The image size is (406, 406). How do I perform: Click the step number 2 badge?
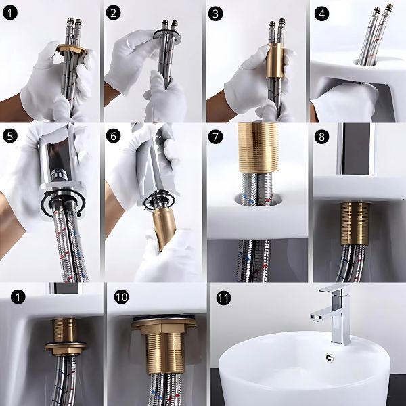[x=114, y=13]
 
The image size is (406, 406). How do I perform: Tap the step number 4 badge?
[x=321, y=14]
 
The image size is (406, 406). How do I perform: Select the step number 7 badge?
[x=215, y=137]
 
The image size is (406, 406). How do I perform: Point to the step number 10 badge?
[x=121, y=297]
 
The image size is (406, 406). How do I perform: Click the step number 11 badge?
[x=223, y=298]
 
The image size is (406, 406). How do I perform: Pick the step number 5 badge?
[x=10, y=136]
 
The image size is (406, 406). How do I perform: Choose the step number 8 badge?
[x=321, y=137]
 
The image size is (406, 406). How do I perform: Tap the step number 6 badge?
[x=114, y=136]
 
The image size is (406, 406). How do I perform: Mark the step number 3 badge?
[x=215, y=14]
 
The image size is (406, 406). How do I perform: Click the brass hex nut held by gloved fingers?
[x=70, y=49]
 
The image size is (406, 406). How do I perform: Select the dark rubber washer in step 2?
[x=166, y=35]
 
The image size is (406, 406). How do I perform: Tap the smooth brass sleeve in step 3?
[x=275, y=61]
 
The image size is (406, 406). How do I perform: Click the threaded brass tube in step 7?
[x=258, y=148]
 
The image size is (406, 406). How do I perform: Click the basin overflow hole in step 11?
[x=330, y=357]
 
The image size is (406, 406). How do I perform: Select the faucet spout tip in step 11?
[x=315, y=318]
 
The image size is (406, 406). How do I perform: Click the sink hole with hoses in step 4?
[x=365, y=62]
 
